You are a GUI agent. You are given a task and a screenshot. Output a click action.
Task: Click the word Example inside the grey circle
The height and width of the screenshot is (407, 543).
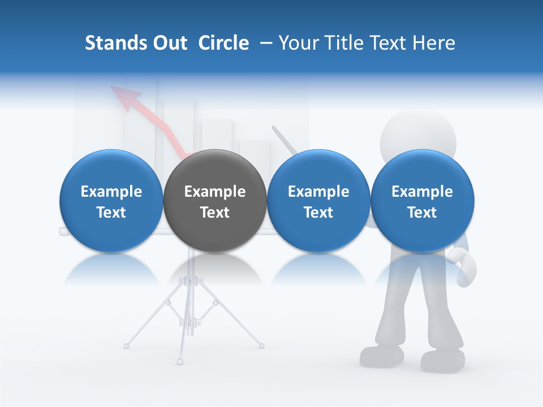(x=215, y=192)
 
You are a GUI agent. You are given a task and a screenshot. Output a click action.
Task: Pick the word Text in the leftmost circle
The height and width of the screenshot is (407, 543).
(x=111, y=213)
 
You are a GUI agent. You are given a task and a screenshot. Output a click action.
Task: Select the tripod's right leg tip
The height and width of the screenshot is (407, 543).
(x=261, y=344)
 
